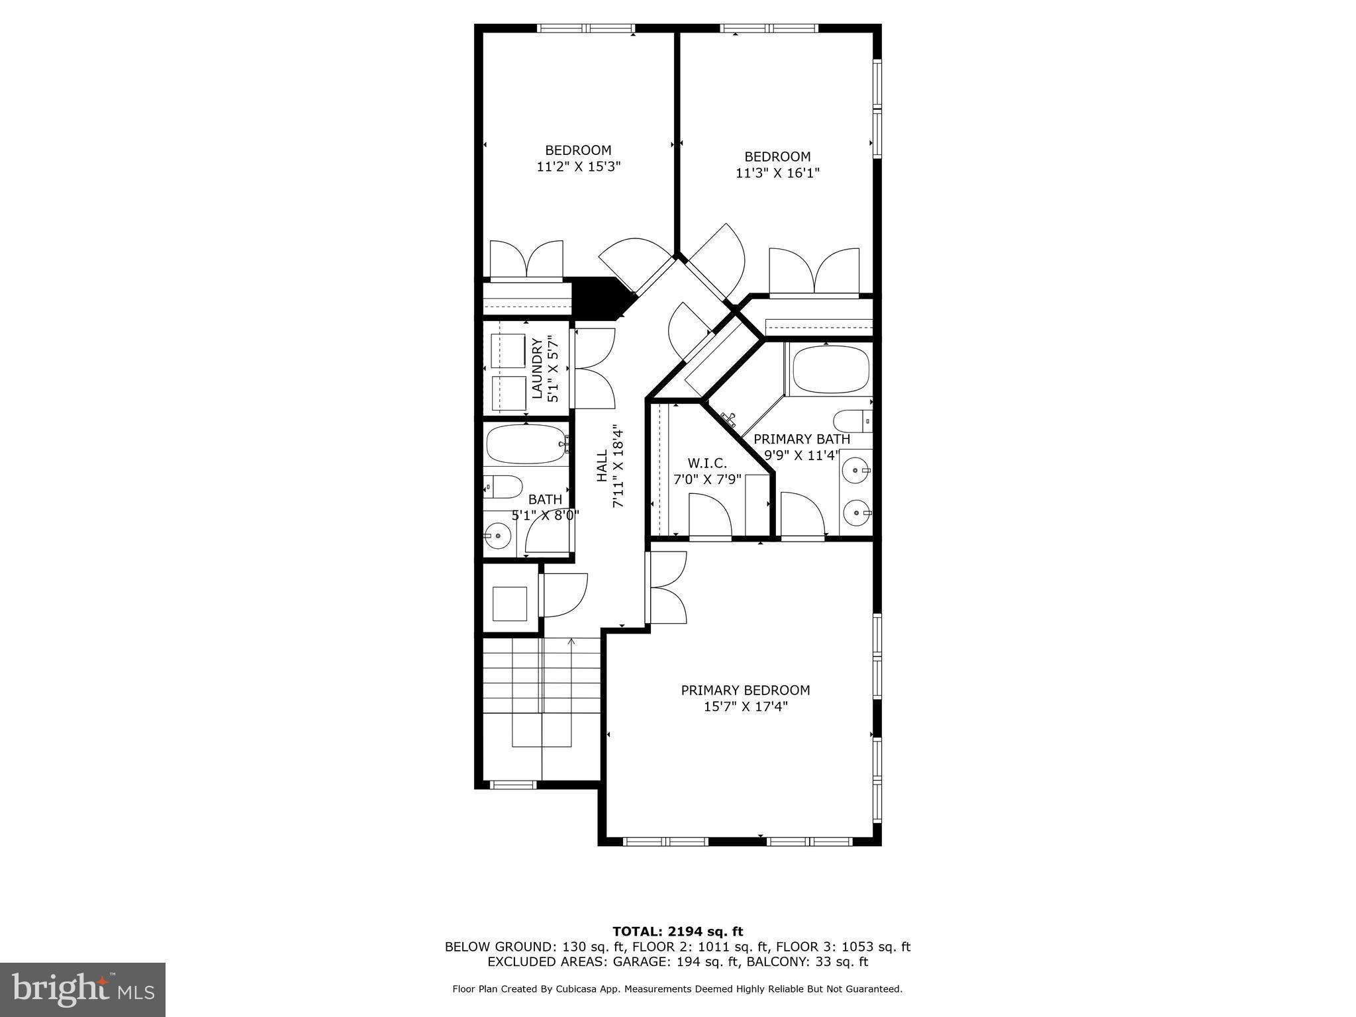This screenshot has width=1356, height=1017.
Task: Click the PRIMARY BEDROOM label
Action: coord(745,690)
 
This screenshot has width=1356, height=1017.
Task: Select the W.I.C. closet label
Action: coord(706,463)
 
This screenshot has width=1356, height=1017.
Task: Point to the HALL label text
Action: coord(602,466)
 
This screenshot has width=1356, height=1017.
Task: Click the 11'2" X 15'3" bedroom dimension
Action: coord(578,167)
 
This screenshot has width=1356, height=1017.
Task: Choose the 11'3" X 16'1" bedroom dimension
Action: coord(777,173)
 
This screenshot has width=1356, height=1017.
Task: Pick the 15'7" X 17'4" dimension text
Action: coord(745,707)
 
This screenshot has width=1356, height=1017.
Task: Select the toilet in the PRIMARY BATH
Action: coord(851,420)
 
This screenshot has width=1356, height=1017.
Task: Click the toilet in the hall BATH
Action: coord(503,487)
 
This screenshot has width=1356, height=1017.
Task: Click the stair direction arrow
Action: coord(572,641)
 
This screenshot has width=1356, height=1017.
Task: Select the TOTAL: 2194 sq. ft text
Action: coord(677,932)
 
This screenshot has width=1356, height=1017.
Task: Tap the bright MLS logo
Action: coord(83,989)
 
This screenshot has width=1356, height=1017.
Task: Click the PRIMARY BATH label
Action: coord(801,439)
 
